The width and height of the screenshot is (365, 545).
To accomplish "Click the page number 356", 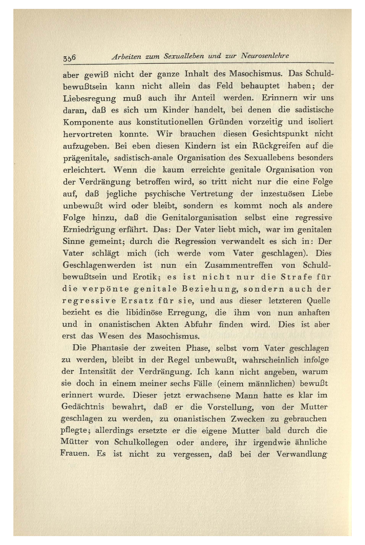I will [x=68, y=58].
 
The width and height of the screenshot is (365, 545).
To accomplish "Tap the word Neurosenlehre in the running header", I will [x=265, y=56].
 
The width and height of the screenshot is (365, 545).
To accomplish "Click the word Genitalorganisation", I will [x=200, y=218].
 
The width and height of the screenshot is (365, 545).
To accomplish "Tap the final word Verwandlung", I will [x=301, y=454].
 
